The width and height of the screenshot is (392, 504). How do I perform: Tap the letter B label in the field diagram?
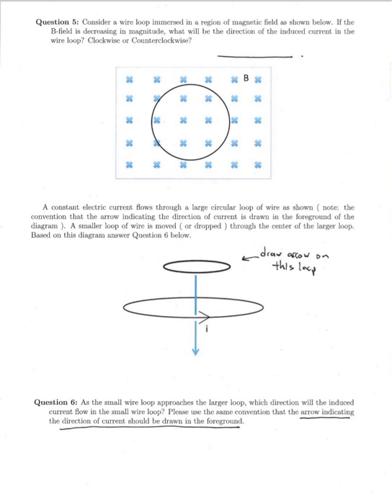(x=246, y=76)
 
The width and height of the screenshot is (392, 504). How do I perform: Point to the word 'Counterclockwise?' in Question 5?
(x=160, y=41)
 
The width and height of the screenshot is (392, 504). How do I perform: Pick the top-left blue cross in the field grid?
(x=130, y=78)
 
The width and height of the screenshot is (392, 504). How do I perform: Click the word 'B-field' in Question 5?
(x=63, y=32)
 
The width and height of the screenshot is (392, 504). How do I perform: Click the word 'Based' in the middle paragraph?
(x=43, y=235)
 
